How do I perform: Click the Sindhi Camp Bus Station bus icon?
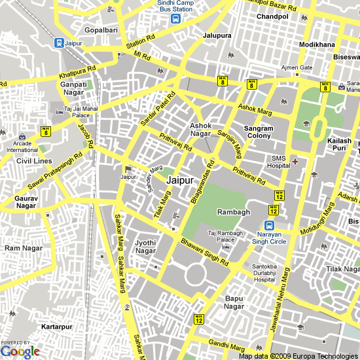coord(176,19)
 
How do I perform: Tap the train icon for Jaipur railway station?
coord(59,43)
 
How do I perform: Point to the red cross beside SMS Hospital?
coord(295,161)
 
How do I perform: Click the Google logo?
coord(20,351)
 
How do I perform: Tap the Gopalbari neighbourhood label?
coord(102,31)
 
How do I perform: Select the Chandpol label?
coord(273,16)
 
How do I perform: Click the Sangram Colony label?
coord(259,133)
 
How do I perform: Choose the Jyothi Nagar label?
coord(145,247)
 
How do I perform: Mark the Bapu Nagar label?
coord(234,302)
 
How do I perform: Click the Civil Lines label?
coord(33,160)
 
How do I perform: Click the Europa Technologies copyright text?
coord(298,356)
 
